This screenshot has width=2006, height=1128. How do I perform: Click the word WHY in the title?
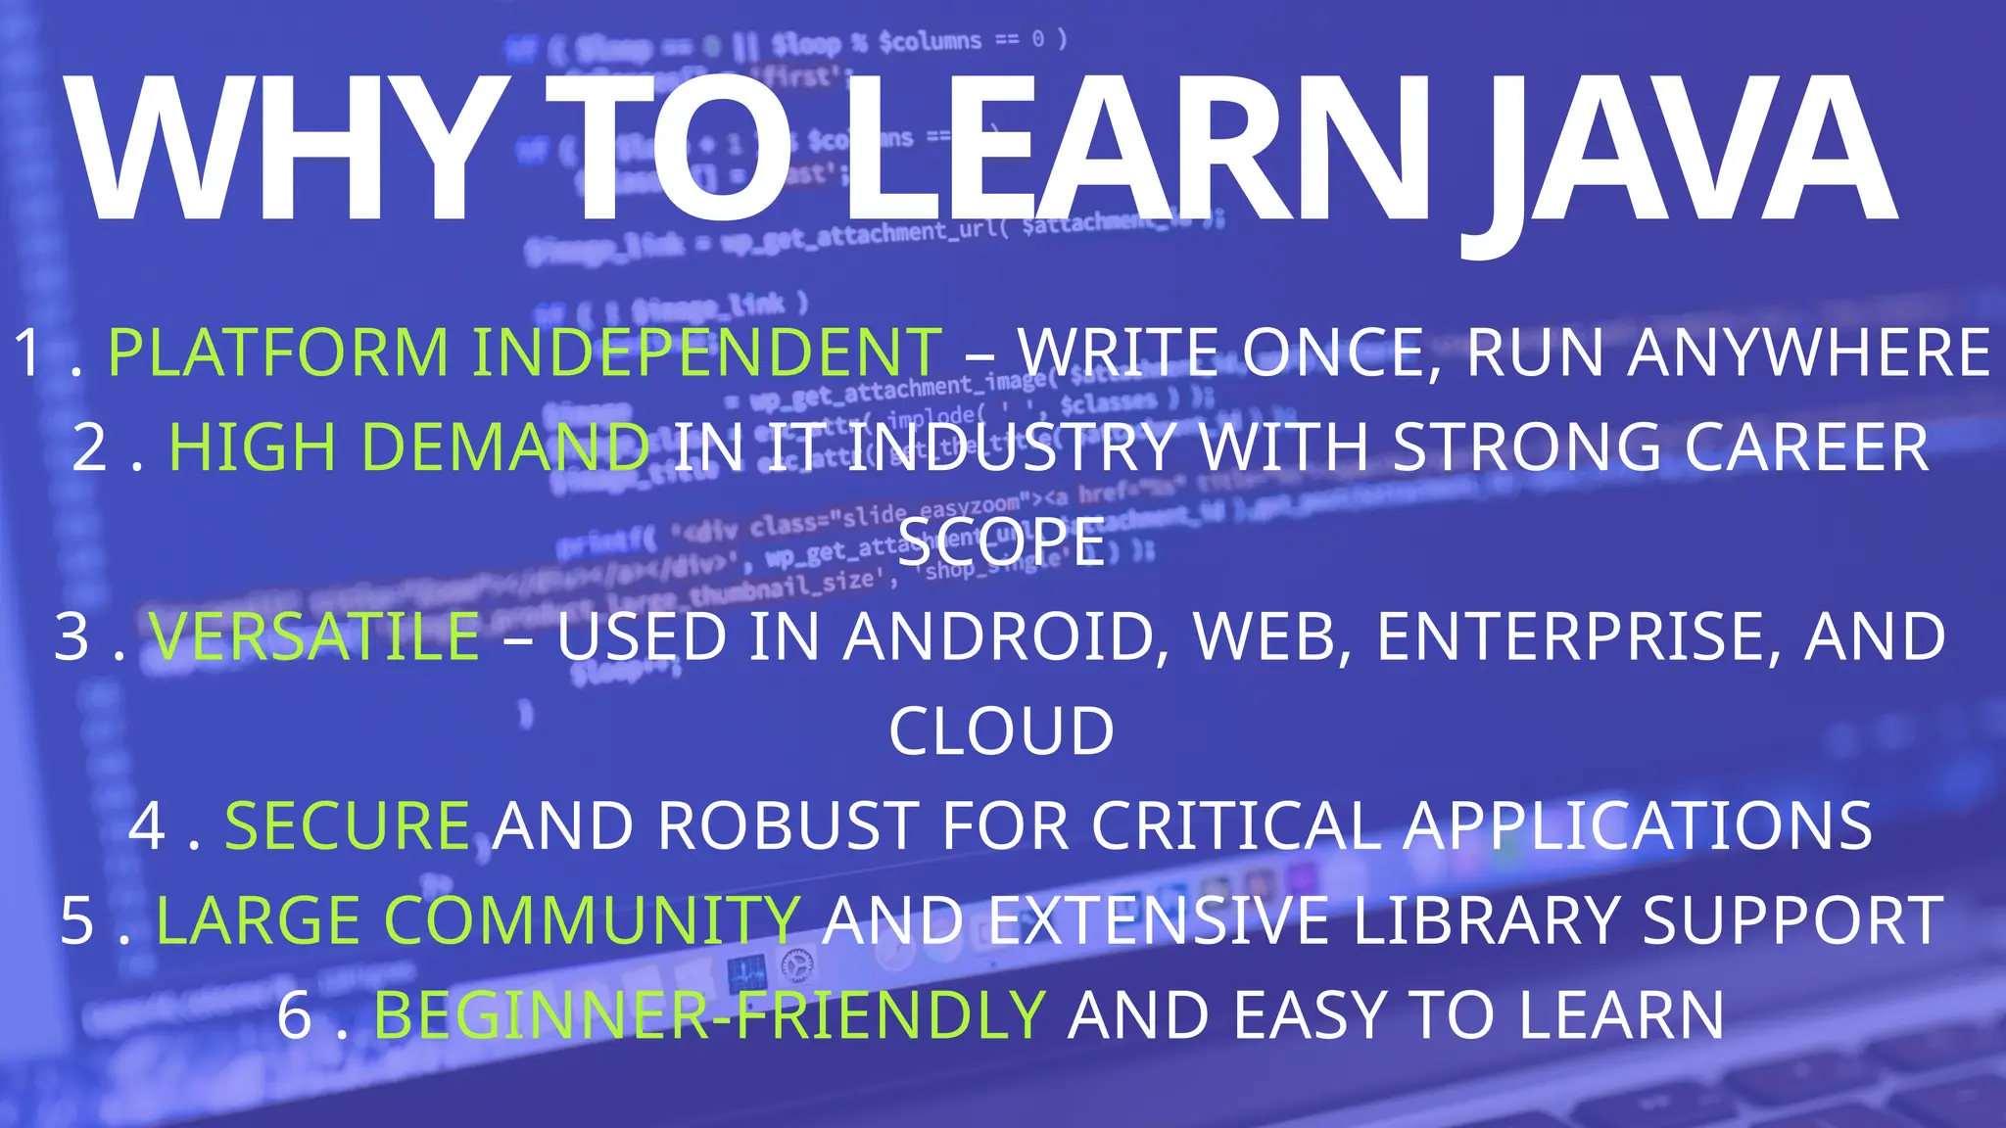point(284,152)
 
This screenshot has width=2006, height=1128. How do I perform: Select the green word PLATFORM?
point(278,352)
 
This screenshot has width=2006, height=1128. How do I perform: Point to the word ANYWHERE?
point(1808,352)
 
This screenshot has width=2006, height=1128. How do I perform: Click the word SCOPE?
point(1002,541)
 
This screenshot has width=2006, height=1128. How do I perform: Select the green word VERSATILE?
point(314,636)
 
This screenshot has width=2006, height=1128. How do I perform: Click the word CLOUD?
point(1002,731)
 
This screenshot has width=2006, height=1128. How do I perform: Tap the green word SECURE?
point(348,825)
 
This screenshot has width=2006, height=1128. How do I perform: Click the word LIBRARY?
point(1485,920)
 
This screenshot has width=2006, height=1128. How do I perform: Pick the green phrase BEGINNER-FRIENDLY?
point(710,1015)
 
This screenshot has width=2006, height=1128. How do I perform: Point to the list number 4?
point(147,825)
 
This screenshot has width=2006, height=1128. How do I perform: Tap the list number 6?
point(294,1015)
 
